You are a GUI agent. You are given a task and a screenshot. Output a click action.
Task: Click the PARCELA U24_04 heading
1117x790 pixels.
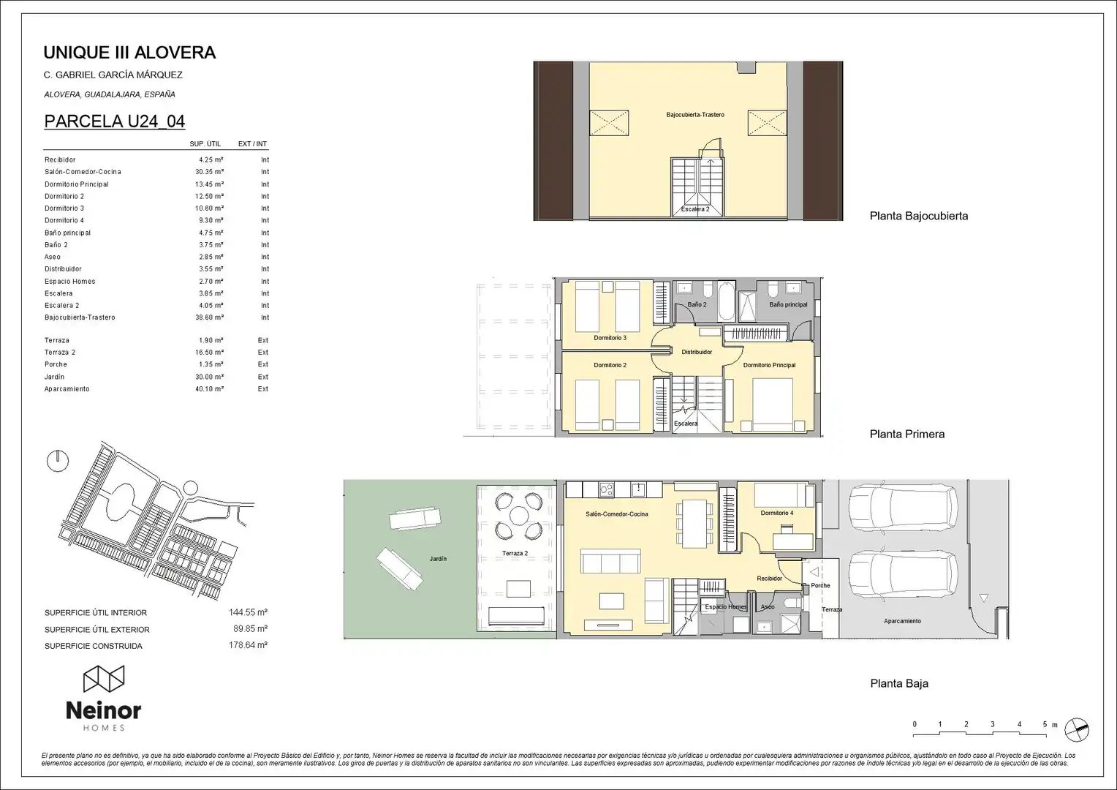[x=115, y=121]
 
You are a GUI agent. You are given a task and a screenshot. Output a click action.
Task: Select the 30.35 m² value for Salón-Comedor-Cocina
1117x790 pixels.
[x=209, y=172]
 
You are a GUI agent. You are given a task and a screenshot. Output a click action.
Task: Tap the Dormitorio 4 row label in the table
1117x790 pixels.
[x=64, y=220]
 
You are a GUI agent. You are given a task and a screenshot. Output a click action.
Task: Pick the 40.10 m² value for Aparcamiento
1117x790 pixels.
[x=209, y=388]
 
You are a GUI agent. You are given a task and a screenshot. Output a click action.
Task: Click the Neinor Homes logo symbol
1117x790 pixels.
[x=104, y=679]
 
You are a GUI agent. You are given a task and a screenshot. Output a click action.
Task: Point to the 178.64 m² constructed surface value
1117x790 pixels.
[x=249, y=645]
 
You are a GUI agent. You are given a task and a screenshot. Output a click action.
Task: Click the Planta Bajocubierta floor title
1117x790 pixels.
[x=919, y=216]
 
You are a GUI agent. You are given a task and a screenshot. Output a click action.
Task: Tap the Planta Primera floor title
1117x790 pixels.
[x=907, y=434]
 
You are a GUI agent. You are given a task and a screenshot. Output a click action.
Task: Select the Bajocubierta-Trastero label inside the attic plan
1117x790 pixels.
[x=695, y=115]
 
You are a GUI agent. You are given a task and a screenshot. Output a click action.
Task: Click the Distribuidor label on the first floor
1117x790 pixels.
[x=697, y=352]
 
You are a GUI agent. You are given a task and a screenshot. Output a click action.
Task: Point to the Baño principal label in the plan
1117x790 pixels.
[x=788, y=304]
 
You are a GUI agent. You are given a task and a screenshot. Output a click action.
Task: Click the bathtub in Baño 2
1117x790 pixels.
[x=726, y=301]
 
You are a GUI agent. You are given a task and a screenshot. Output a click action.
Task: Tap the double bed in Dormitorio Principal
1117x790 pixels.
[x=773, y=405]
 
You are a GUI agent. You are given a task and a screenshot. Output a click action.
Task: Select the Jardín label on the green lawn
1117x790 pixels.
[x=439, y=559]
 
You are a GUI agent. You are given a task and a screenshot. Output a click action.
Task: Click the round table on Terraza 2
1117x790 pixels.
[x=519, y=516]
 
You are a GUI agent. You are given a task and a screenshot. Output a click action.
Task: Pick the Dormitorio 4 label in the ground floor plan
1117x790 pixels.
[x=777, y=513]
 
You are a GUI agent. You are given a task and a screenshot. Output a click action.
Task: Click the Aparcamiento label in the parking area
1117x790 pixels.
[x=902, y=621]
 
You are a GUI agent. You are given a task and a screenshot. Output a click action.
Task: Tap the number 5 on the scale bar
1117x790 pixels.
[x=1045, y=724]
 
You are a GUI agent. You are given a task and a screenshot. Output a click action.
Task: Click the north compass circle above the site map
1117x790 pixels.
[x=58, y=461]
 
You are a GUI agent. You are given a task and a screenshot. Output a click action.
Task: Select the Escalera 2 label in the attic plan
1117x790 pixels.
[x=695, y=209]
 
